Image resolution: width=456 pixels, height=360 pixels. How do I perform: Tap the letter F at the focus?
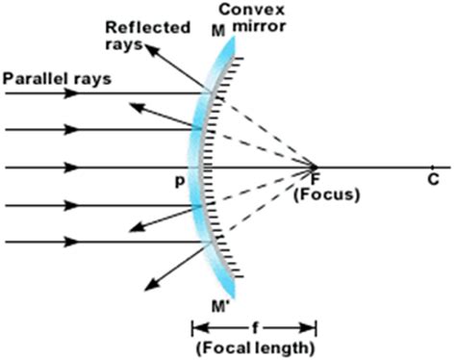point(315,177)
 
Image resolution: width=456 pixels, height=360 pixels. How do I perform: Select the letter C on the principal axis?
point(434,178)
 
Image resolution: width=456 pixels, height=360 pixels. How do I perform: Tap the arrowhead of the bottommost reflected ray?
point(148,286)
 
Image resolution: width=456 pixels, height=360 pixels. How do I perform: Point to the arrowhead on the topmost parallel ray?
point(71,93)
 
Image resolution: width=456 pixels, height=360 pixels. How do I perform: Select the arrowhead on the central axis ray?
point(71,167)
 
